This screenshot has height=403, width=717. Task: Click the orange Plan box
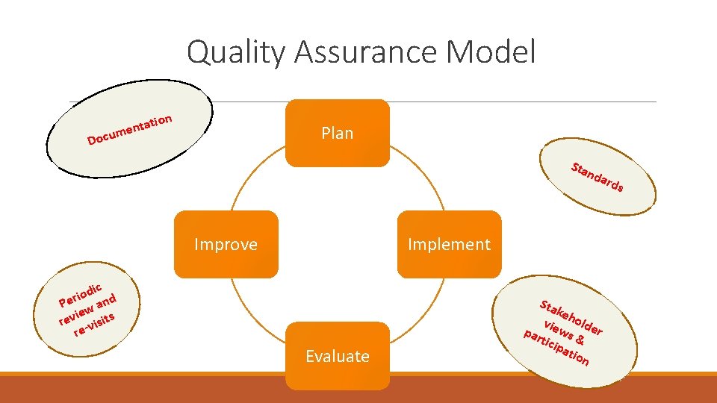[x=338, y=133]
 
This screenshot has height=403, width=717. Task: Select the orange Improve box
[x=226, y=244]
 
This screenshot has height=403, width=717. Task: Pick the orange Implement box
[x=449, y=244]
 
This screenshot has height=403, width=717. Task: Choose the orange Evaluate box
[x=338, y=356]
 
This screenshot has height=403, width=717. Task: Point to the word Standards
[x=597, y=176]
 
